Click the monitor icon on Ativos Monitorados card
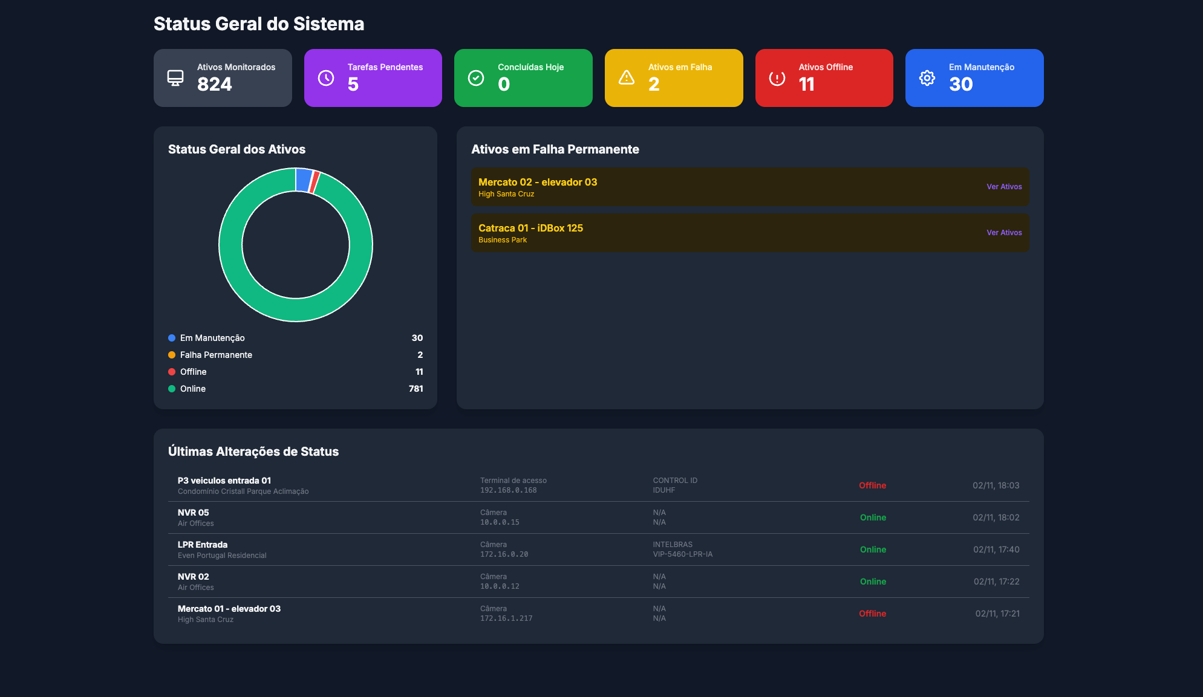[175, 78]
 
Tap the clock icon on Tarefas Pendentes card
[326, 78]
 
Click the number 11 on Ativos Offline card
[806, 85]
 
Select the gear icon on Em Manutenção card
[927, 78]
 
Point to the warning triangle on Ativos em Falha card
[627, 78]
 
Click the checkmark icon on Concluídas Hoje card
[476, 78]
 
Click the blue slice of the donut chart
[303, 180]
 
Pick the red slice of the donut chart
[314, 182]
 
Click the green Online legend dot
[172, 389]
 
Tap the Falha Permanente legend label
[216, 355]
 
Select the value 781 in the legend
[416, 389]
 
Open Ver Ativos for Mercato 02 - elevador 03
[1004, 187]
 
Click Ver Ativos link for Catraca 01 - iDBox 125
[1004, 233]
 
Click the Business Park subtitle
[502, 240]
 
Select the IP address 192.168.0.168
[508, 490]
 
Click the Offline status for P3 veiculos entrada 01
[872, 485]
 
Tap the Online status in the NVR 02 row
[873, 582]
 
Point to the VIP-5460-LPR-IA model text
[682, 554]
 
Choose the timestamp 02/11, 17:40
[996, 549]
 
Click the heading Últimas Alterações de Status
[253, 452]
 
